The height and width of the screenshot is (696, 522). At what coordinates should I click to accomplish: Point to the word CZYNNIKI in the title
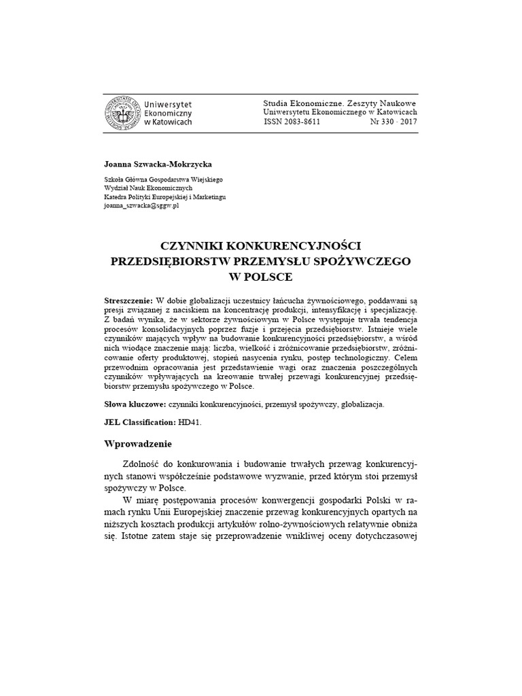tap(190, 245)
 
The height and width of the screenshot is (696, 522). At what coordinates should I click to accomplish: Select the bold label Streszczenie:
tap(129, 300)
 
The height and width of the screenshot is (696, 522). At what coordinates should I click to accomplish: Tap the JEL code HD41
tap(190, 422)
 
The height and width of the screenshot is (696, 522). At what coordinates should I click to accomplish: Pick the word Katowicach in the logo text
tap(174, 122)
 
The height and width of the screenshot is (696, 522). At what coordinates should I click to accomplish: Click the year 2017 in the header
tap(408, 122)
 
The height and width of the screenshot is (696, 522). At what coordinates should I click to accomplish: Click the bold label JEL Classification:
tap(139, 422)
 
